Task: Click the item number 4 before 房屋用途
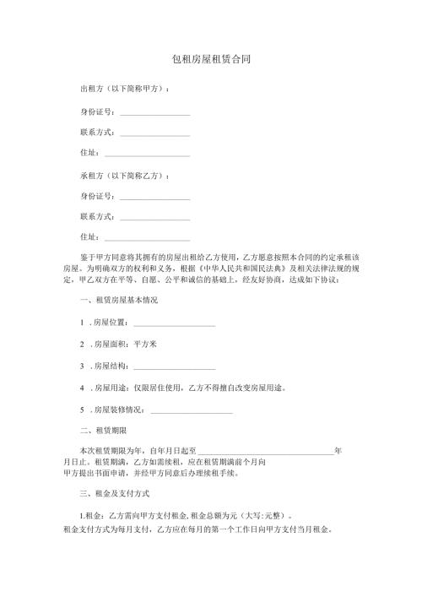(x=81, y=388)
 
